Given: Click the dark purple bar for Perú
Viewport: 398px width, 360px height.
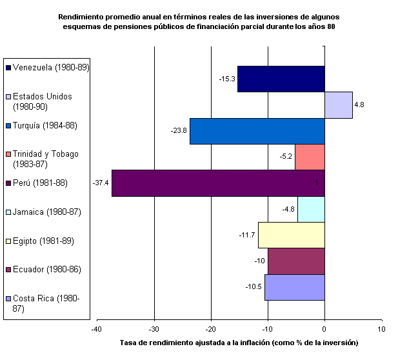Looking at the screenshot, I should tap(218, 183).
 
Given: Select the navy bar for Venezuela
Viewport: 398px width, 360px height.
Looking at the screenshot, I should tap(281, 79).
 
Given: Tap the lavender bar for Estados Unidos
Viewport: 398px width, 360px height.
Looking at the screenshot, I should tap(338, 105).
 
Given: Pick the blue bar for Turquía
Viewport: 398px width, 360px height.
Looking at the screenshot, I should tap(257, 131).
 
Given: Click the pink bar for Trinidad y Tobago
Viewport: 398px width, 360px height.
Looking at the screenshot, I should tap(310, 157).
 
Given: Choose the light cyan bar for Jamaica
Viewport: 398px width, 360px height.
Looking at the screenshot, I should tap(311, 209).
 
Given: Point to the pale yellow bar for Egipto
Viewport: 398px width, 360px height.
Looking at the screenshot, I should tap(291, 235).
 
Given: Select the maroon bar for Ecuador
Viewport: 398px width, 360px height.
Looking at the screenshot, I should tap(296, 261).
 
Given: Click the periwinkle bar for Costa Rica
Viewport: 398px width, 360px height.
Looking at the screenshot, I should tap(294, 287).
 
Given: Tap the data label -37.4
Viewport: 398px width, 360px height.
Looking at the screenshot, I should tap(101, 183).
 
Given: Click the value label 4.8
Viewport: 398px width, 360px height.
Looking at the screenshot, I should tap(359, 105).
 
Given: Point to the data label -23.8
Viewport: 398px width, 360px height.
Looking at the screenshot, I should tap(179, 131).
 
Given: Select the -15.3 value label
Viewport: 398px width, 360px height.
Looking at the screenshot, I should tap(227, 79).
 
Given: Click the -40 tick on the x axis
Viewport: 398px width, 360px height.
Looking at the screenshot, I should tap(97, 328).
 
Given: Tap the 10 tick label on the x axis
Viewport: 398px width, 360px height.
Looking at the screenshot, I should tap(381, 328).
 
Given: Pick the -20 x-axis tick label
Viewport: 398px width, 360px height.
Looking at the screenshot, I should tap(210, 328).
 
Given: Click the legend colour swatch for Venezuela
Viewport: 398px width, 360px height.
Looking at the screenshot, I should tap(8, 67).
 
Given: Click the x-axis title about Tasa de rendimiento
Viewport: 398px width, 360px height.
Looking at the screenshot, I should tap(239, 342).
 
